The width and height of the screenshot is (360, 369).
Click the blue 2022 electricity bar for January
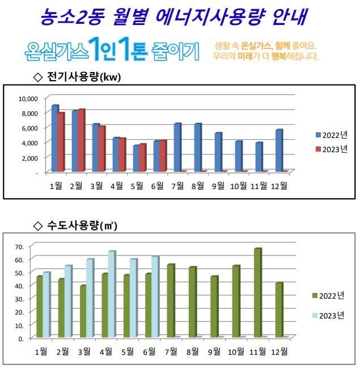click(x=54, y=139)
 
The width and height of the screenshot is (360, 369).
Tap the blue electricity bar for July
click(x=177, y=147)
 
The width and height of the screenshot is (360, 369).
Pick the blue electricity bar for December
click(x=279, y=150)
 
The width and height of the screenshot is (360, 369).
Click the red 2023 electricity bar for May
click(x=143, y=157)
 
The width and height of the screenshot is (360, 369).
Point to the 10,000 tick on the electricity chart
click(x=28, y=98)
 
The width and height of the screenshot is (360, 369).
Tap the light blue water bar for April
click(x=111, y=294)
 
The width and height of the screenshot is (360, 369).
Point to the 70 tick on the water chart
click(x=18, y=246)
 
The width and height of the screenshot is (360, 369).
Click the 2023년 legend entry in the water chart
click(x=328, y=316)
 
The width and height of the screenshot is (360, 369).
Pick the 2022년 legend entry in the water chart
click(x=328, y=296)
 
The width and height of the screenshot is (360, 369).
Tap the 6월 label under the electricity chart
click(x=157, y=186)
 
